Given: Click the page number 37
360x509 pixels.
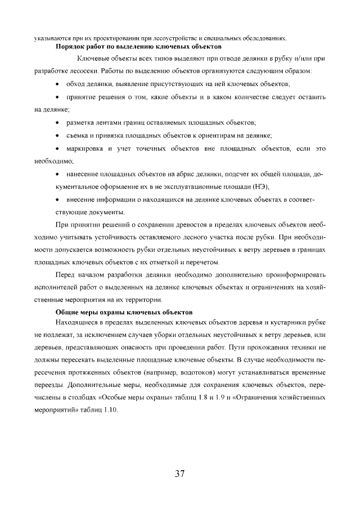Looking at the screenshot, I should [180, 473].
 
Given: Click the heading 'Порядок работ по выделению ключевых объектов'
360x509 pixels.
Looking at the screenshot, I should [138, 48].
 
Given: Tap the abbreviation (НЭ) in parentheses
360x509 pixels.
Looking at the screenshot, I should [259, 186].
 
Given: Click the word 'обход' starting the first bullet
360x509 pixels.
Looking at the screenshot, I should [75, 84].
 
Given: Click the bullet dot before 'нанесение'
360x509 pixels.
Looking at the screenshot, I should [59, 174].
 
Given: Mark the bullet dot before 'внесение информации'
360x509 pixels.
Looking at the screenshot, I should [59, 200].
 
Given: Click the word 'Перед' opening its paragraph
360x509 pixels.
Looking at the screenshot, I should [65, 274].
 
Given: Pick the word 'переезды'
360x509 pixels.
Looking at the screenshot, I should [49, 386].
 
